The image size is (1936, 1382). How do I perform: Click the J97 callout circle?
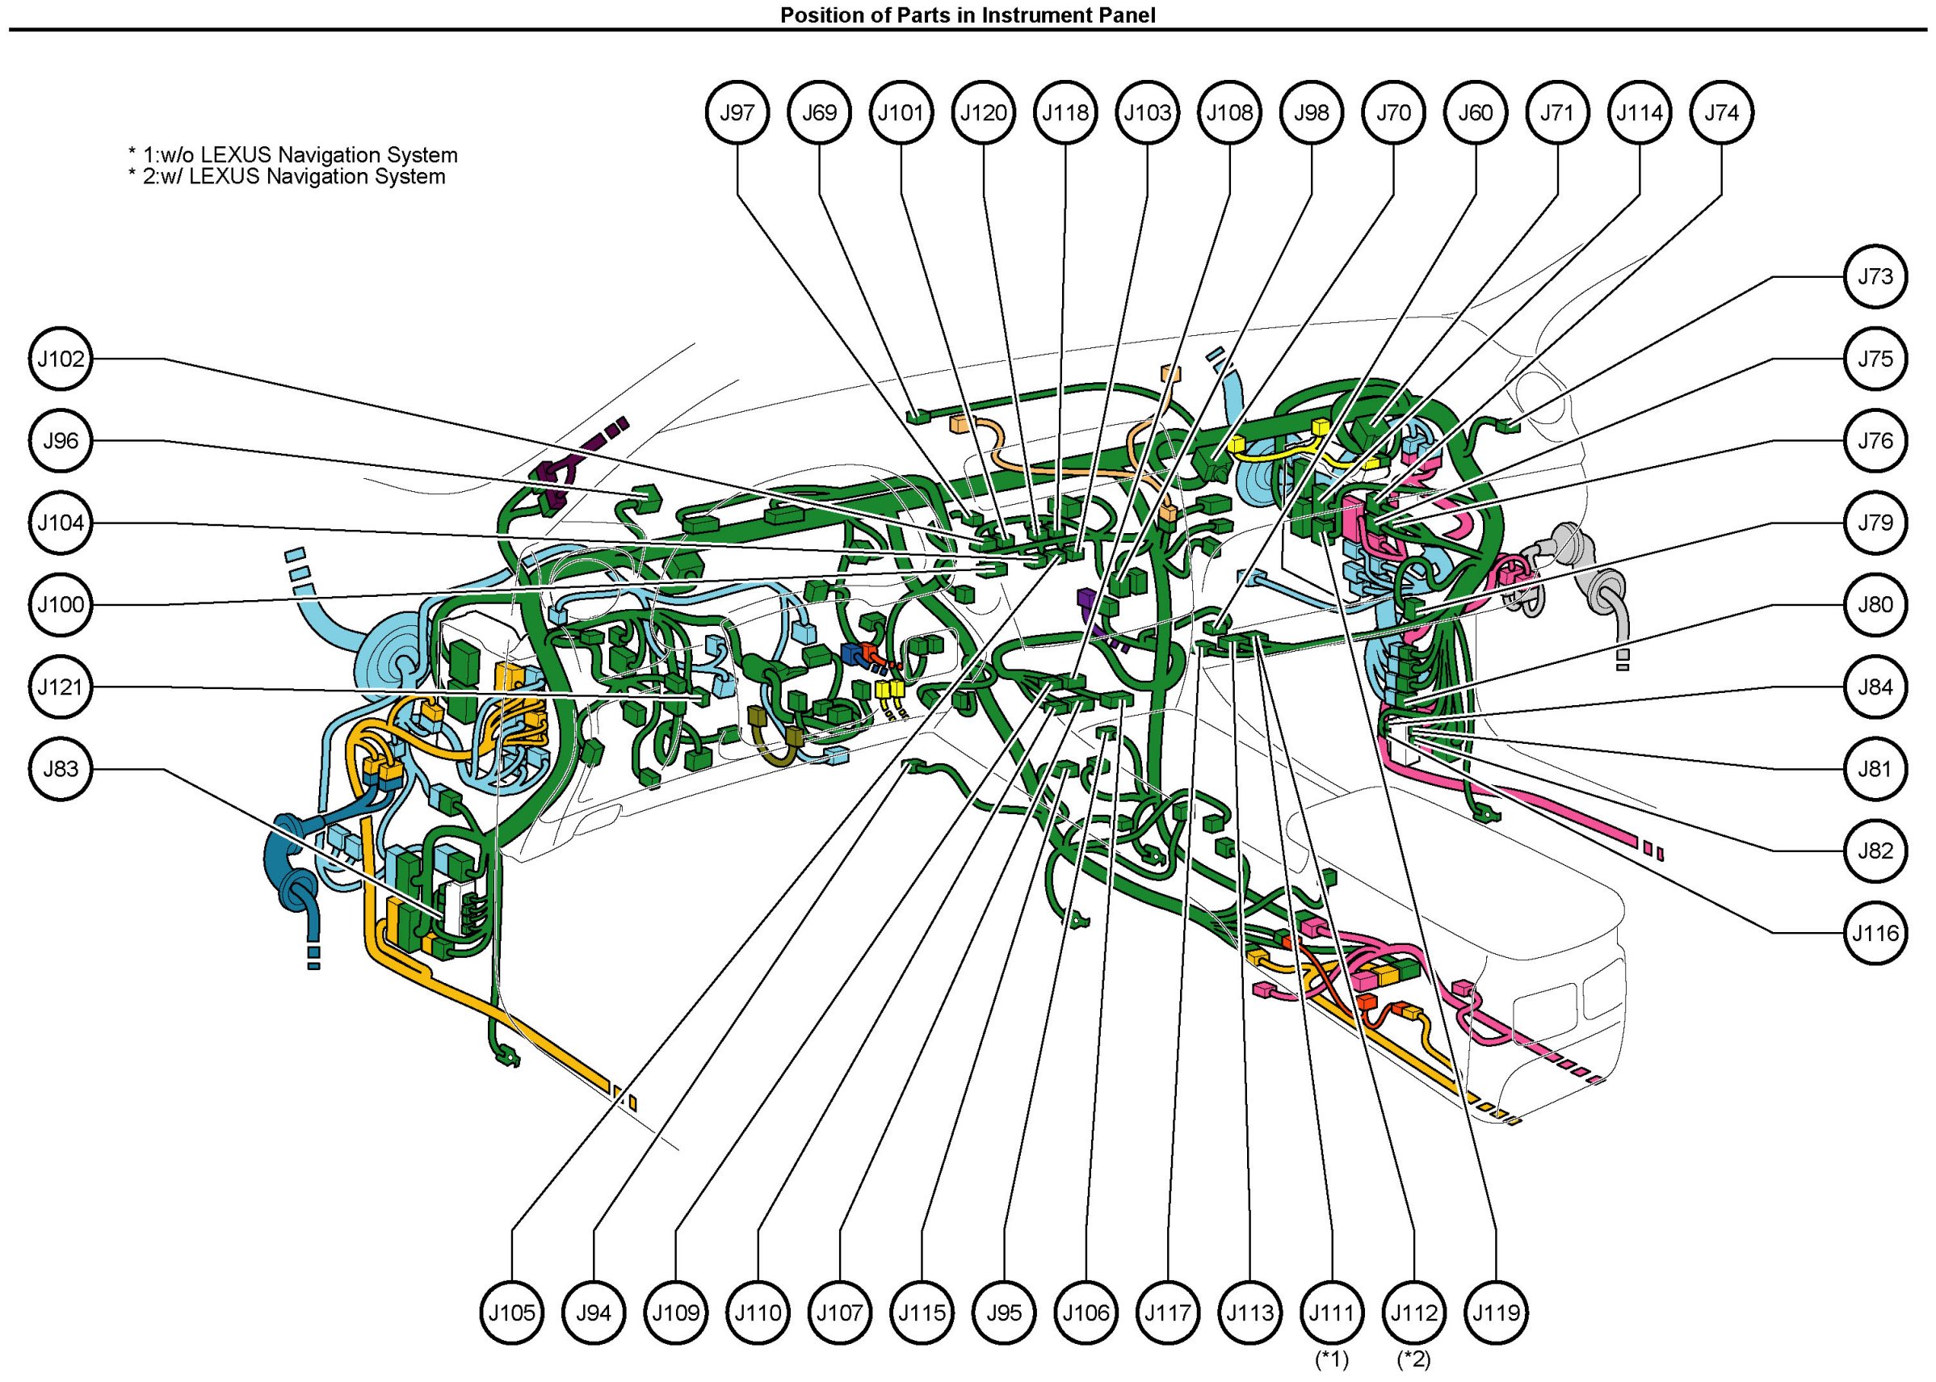(737, 112)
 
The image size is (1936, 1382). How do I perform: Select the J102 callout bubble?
(61, 359)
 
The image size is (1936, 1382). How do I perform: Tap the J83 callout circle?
(61, 769)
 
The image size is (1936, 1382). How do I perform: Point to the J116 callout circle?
(1875, 934)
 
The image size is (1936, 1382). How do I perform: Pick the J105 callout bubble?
(512, 1313)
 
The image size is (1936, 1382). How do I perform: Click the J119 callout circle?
(1496, 1313)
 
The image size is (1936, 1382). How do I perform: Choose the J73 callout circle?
(1875, 276)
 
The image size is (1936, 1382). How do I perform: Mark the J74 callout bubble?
(1721, 112)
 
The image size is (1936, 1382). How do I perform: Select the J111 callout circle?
(1332, 1313)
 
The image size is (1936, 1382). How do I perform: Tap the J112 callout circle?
(1413, 1313)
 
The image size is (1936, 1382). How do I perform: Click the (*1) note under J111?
(1332, 1360)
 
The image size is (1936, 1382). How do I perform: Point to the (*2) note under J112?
(1413, 1360)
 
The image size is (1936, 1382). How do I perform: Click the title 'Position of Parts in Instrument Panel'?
(968, 15)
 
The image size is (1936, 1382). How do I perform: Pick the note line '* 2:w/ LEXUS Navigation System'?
(287, 177)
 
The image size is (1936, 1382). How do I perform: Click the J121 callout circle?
(61, 687)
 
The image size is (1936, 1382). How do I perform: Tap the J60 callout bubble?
(1476, 112)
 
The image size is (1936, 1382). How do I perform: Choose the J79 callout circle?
(1875, 523)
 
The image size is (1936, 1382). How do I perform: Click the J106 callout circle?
(1086, 1313)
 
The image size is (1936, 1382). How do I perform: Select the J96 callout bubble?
(61, 441)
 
